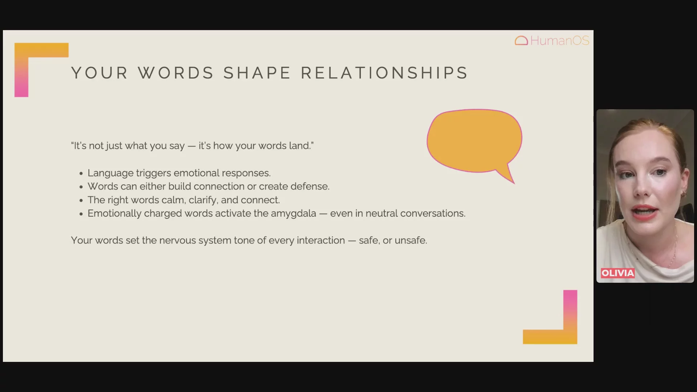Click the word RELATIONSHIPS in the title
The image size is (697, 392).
(384, 73)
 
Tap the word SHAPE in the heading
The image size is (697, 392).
(257, 73)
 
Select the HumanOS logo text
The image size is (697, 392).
(560, 41)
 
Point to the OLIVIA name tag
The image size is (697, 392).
(617, 273)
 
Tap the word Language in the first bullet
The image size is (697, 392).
(110, 173)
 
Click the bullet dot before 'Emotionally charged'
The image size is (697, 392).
(81, 214)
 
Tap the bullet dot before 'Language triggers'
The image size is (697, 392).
(81, 174)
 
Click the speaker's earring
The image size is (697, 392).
(683, 194)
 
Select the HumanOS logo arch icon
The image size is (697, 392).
(521, 41)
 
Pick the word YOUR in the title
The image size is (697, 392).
(99, 73)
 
